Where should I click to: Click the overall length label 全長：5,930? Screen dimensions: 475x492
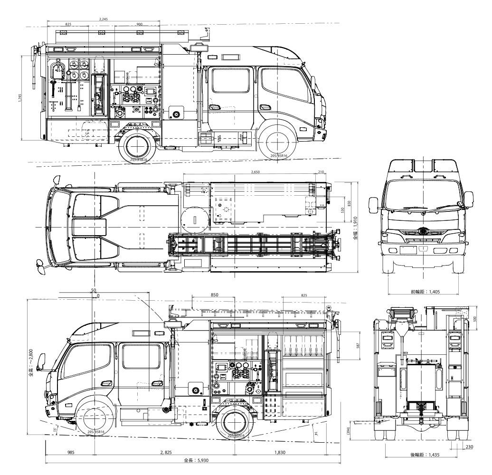(x=196, y=460)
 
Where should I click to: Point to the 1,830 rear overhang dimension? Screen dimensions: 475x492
(x=280, y=452)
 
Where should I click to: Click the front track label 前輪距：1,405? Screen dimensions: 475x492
(x=426, y=292)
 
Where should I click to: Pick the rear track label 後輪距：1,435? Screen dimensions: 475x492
(x=426, y=455)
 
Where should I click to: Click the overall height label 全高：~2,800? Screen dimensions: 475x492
(x=30, y=357)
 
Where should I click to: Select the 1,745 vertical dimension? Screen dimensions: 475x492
(x=19, y=98)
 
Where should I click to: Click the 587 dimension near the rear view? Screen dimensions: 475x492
(x=359, y=346)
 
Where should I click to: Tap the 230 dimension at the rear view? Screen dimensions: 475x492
(x=470, y=446)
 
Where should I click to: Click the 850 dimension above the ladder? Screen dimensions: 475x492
(x=214, y=294)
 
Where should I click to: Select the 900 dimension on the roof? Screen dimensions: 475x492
(x=139, y=24)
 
